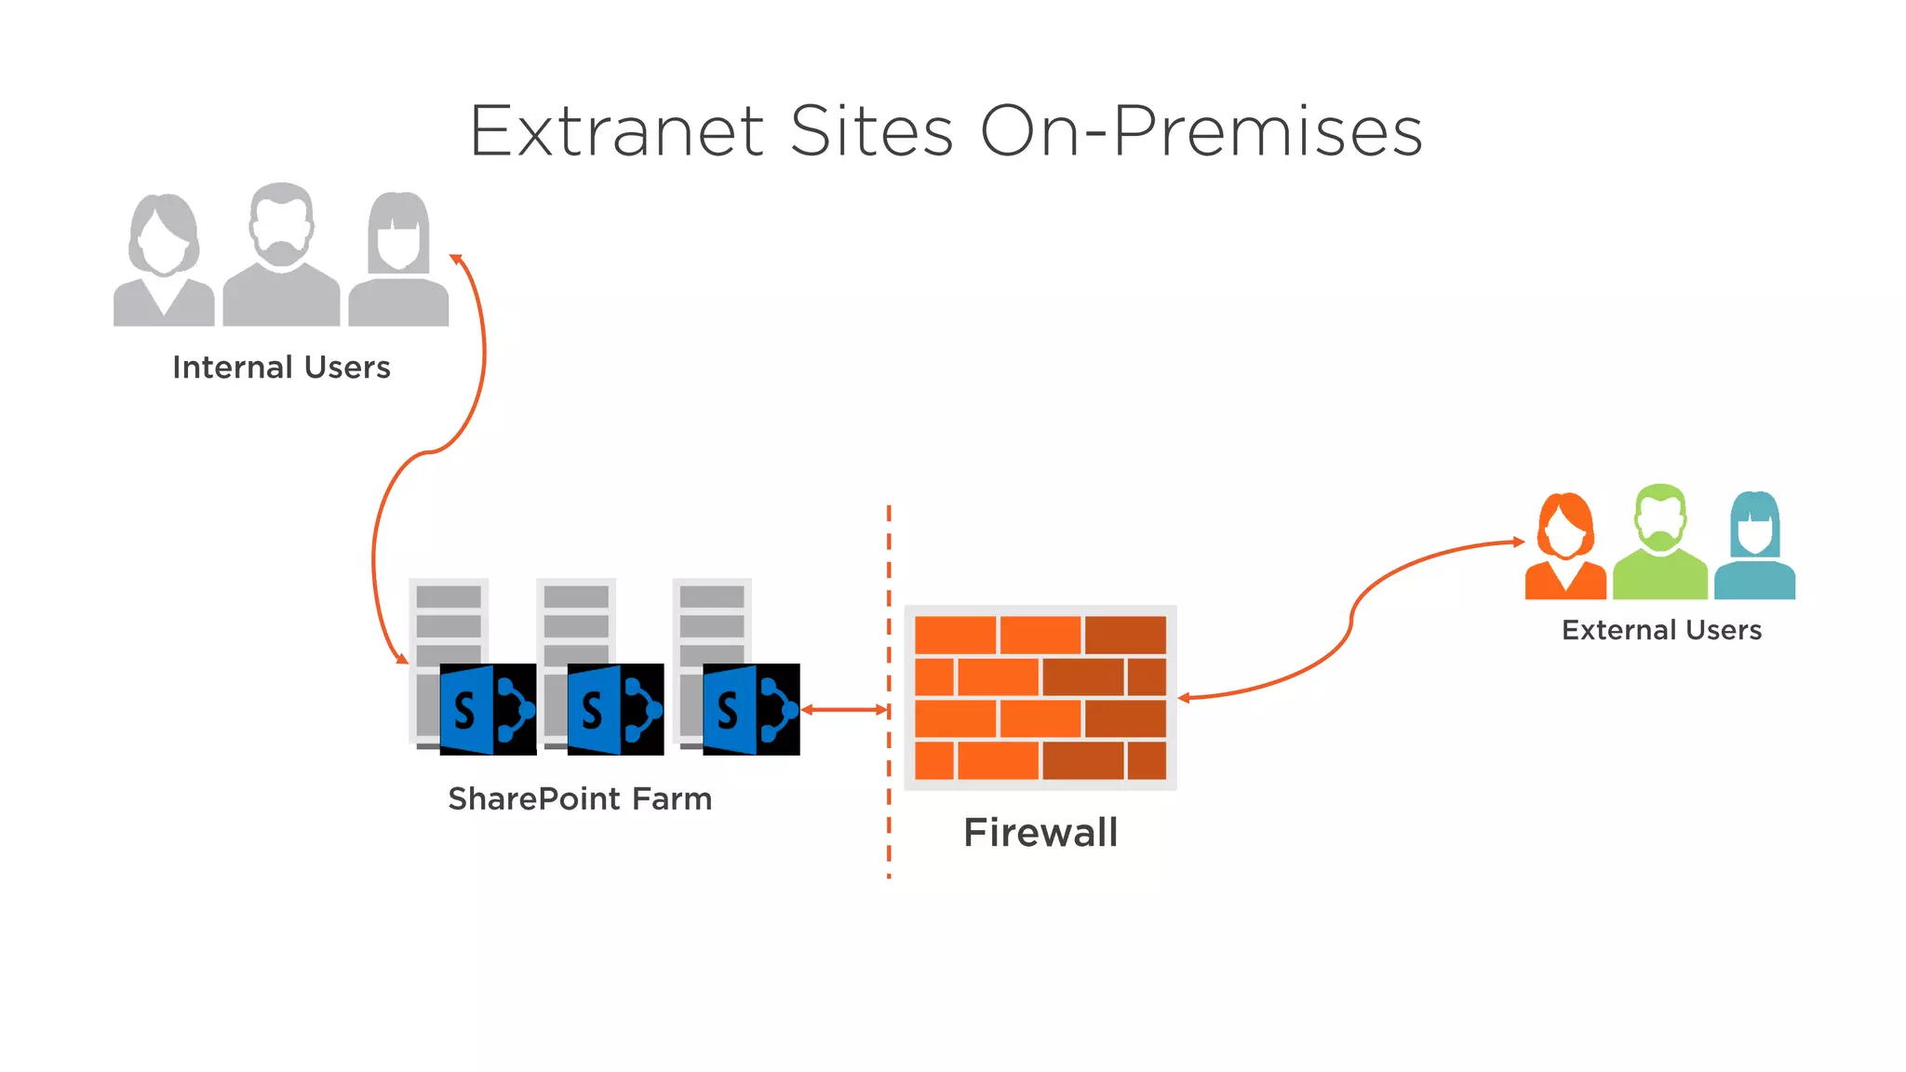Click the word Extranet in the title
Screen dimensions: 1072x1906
pyautogui.click(x=617, y=131)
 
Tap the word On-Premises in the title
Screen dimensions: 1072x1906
pyautogui.click(x=1201, y=131)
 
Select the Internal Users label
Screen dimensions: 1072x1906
pyautogui.click(x=281, y=368)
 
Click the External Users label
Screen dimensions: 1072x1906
pyautogui.click(x=1661, y=630)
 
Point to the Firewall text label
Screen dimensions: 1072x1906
pyautogui.click(x=1040, y=832)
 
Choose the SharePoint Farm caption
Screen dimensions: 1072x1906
pyautogui.click(x=580, y=798)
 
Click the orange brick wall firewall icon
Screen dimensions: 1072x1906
pyautogui.click(x=1040, y=698)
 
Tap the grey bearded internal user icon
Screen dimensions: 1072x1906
pyautogui.click(x=281, y=256)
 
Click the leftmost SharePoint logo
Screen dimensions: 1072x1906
pyautogui.click(x=488, y=709)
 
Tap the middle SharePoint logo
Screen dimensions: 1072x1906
pyautogui.click(x=615, y=709)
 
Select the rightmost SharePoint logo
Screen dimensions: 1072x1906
pyautogui.click(x=751, y=709)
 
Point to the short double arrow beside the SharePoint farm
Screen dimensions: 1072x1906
pyautogui.click(x=844, y=710)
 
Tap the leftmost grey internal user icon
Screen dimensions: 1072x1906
pyautogui.click(x=164, y=261)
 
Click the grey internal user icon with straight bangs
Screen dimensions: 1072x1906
pyautogui.click(x=398, y=261)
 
